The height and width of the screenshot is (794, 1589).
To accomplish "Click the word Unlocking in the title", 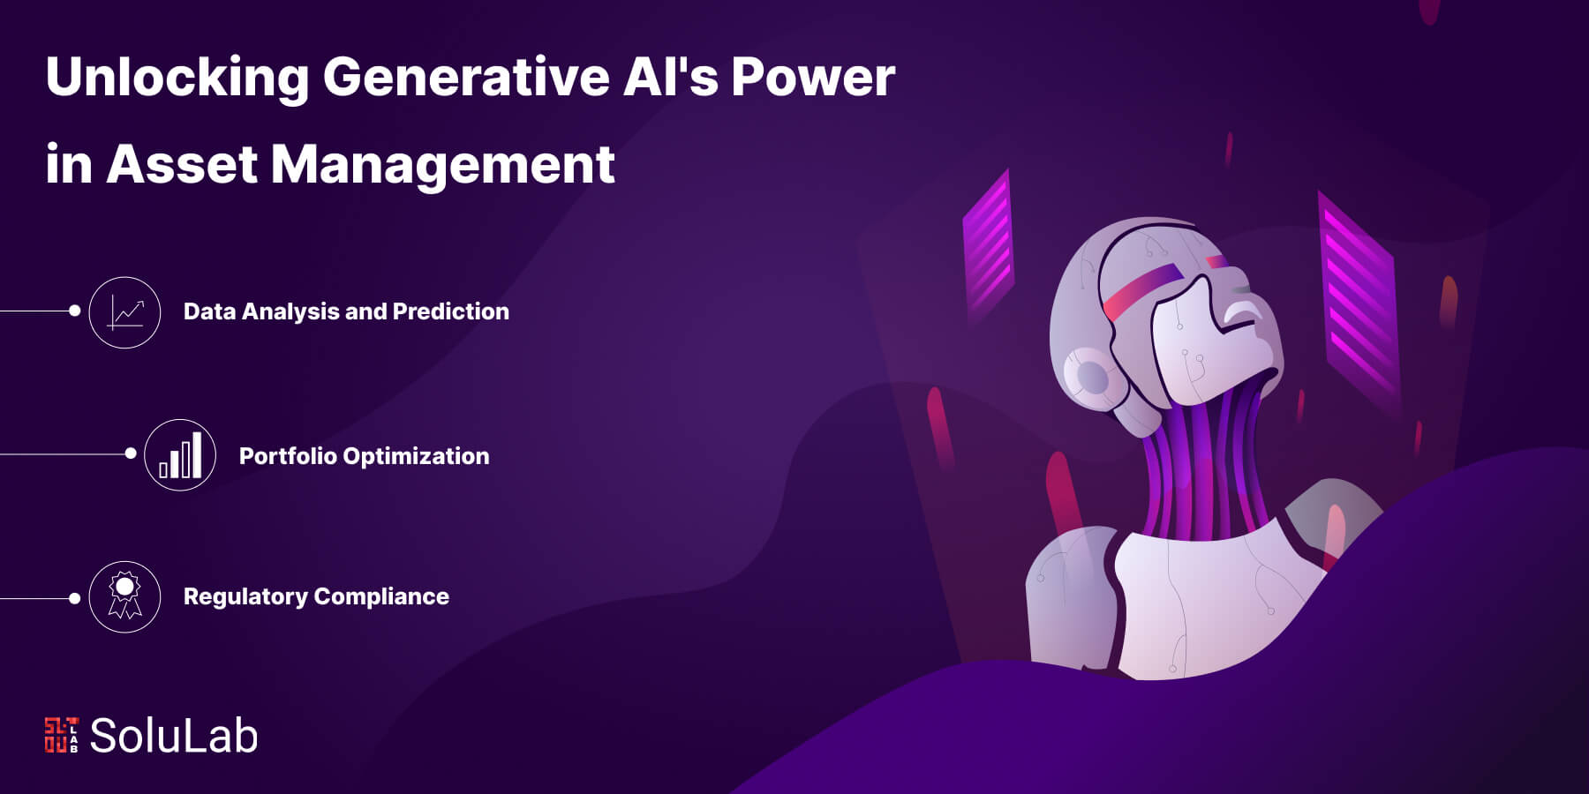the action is pyautogui.click(x=177, y=78).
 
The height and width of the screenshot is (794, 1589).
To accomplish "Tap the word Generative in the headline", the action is pyautogui.click(x=466, y=78).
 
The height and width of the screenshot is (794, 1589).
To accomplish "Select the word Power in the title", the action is pyautogui.click(x=813, y=78).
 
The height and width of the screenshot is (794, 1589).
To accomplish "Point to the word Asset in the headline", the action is pyautogui.click(x=183, y=164).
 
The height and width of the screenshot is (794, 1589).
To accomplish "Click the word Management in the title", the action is pyautogui.click(x=442, y=166).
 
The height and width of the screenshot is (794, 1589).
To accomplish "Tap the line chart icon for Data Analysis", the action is pyautogui.click(x=124, y=312).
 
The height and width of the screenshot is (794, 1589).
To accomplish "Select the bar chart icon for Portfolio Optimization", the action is pyautogui.click(x=180, y=455).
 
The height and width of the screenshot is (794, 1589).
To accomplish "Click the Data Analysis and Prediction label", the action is pyautogui.click(x=346, y=311).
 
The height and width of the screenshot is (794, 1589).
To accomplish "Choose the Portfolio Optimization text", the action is pyautogui.click(x=364, y=456).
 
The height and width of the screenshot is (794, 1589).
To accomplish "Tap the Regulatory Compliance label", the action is pyautogui.click(x=316, y=596).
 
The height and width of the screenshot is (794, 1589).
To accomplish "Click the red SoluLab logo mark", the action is pyautogui.click(x=61, y=735).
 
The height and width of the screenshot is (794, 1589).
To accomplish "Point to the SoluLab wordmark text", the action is pyautogui.click(x=174, y=736).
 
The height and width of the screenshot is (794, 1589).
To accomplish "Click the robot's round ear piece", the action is pyautogui.click(x=1091, y=378).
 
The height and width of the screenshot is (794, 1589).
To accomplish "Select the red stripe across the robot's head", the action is pyautogui.click(x=1143, y=290).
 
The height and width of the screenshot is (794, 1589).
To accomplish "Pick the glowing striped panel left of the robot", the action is pyautogui.click(x=988, y=247).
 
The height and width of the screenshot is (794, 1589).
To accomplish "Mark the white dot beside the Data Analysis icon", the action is pyautogui.click(x=75, y=311).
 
